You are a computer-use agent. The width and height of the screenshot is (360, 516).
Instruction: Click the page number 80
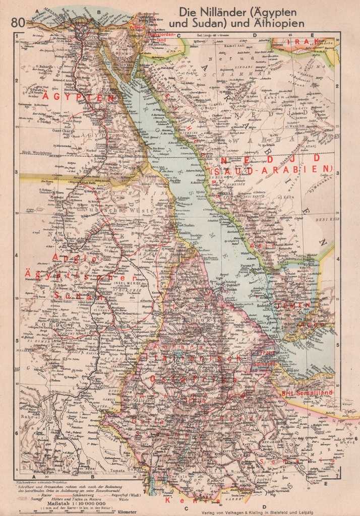(x=18, y=22)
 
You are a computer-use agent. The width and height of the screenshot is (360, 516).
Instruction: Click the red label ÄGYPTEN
(x=78, y=97)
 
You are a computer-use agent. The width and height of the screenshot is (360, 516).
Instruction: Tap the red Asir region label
(x=268, y=245)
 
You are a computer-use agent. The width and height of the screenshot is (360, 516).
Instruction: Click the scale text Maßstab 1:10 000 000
(x=76, y=502)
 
